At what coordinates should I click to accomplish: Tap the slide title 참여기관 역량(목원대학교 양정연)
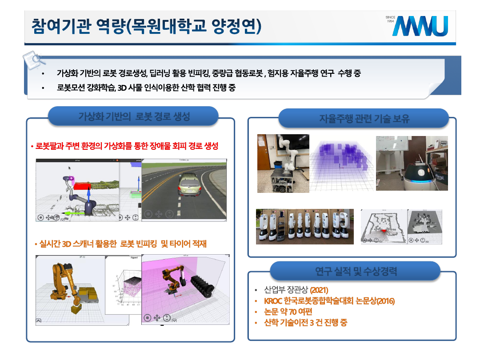tap(146, 26)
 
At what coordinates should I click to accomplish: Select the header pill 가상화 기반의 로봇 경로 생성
tap(134, 116)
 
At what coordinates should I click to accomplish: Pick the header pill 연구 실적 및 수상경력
tap(356, 271)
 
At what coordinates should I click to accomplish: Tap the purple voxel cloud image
tap(341, 163)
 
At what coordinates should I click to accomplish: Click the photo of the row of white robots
tap(305, 227)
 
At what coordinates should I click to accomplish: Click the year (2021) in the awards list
tap(319, 290)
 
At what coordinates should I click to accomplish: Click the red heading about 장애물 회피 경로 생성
tap(127, 146)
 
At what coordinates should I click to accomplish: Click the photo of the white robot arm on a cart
tap(283, 164)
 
